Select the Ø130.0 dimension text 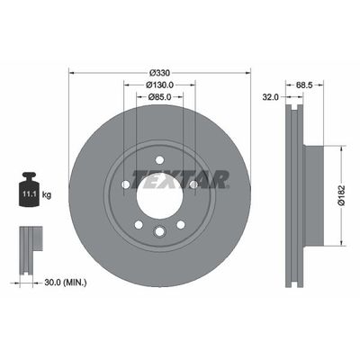159,85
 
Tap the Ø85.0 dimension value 159,97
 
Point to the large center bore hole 159,194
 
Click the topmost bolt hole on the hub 159,160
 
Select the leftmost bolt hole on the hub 125,185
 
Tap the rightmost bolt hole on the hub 193,185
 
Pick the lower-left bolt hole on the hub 138,225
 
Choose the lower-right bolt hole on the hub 180,225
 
